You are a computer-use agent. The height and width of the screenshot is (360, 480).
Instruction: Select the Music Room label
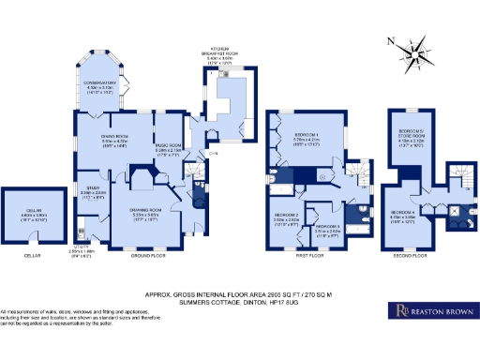168,145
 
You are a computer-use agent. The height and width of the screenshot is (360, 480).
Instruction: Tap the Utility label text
83,250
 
